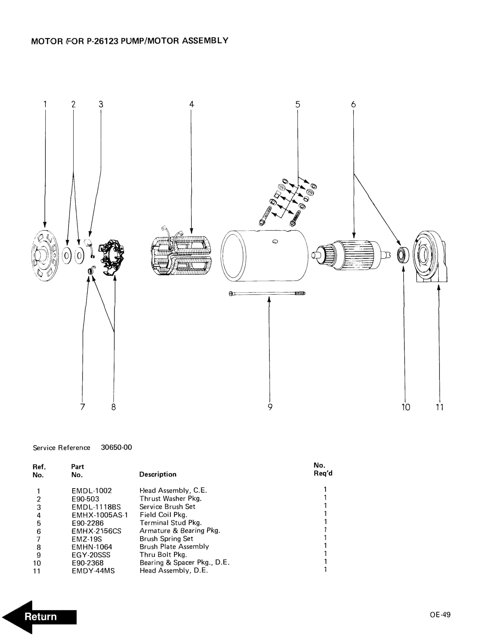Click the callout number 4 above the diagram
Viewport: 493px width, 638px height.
coord(192,104)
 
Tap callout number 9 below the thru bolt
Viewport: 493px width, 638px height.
coord(270,407)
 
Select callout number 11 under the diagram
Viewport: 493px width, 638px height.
coord(440,407)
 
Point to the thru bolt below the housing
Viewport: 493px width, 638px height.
coord(267,293)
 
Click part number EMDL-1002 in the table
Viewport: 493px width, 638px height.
coord(91,490)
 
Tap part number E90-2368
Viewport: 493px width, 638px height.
coord(88,563)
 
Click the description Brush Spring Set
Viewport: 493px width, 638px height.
coord(166,538)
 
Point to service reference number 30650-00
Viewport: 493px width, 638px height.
coord(116,447)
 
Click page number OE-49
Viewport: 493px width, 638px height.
coord(440,614)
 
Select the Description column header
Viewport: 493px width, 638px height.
coord(158,474)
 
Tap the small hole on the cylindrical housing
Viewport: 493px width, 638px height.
coord(275,241)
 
